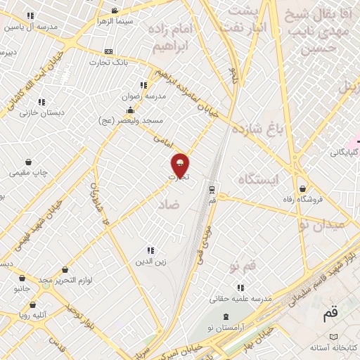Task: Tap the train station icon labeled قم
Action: coord(212,189)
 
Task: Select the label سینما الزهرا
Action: coord(115,21)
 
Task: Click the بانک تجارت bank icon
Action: coord(108,51)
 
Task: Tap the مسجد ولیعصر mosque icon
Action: coord(130,110)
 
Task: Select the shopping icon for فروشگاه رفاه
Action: coord(303,188)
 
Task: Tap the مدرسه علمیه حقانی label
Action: coord(242,298)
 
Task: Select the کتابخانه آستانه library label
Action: coord(334,347)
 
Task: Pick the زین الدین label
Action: coord(150,262)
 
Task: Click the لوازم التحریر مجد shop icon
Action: coord(65,269)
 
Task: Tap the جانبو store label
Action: coord(22,288)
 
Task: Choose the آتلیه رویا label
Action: coord(34,316)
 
